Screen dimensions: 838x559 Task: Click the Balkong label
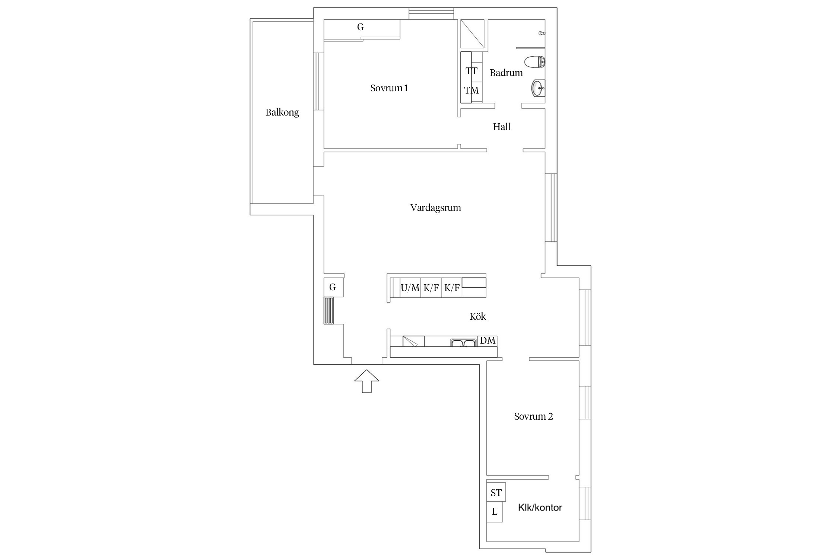pos(282,113)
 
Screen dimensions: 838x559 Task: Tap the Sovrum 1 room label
pos(389,88)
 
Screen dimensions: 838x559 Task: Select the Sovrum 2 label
pos(533,416)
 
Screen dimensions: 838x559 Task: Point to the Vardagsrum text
pos(436,208)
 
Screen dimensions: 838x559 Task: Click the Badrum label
pos(506,73)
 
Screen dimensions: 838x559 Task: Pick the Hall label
pos(502,127)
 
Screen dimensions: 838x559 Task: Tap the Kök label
pos(478,316)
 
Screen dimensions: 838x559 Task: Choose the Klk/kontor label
pos(540,507)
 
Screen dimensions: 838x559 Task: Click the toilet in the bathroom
pos(534,62)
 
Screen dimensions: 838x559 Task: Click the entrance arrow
pos(367,381)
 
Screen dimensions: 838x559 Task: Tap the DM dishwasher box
pos(488,341)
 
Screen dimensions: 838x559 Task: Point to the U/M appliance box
pos(410,288)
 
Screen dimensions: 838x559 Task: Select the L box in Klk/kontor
pos(495,512)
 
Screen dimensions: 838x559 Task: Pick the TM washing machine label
pos(472,90)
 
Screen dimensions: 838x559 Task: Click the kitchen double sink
pos(463,342)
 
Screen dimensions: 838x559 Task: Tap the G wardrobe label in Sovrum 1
pos(360,27)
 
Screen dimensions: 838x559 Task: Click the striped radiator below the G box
pos(329,310)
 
